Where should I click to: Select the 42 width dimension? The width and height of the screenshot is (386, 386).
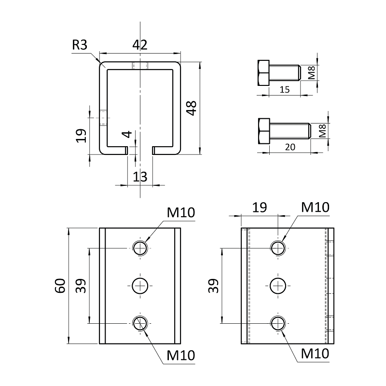[x=139, y=45]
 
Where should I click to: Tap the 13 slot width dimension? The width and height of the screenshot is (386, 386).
[x=139, y=177]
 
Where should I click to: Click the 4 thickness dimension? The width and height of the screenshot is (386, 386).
[x=126, y=135]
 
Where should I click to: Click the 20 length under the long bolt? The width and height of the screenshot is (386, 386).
[x=289, y=147]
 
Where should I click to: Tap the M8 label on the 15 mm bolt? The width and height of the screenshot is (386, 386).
[x=312, y=73]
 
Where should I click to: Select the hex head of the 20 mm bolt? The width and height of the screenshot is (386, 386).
[x=263, y=131]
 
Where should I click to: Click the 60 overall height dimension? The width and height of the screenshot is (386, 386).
[x=60, y=286]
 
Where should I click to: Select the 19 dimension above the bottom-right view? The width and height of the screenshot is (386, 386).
[x=259, y=207]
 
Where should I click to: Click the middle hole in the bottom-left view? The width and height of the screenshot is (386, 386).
[x=140, y=286]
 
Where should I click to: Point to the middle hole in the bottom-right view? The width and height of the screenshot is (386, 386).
[x=277, y=286]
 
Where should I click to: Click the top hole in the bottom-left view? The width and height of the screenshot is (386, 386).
[x=140, y=248]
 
